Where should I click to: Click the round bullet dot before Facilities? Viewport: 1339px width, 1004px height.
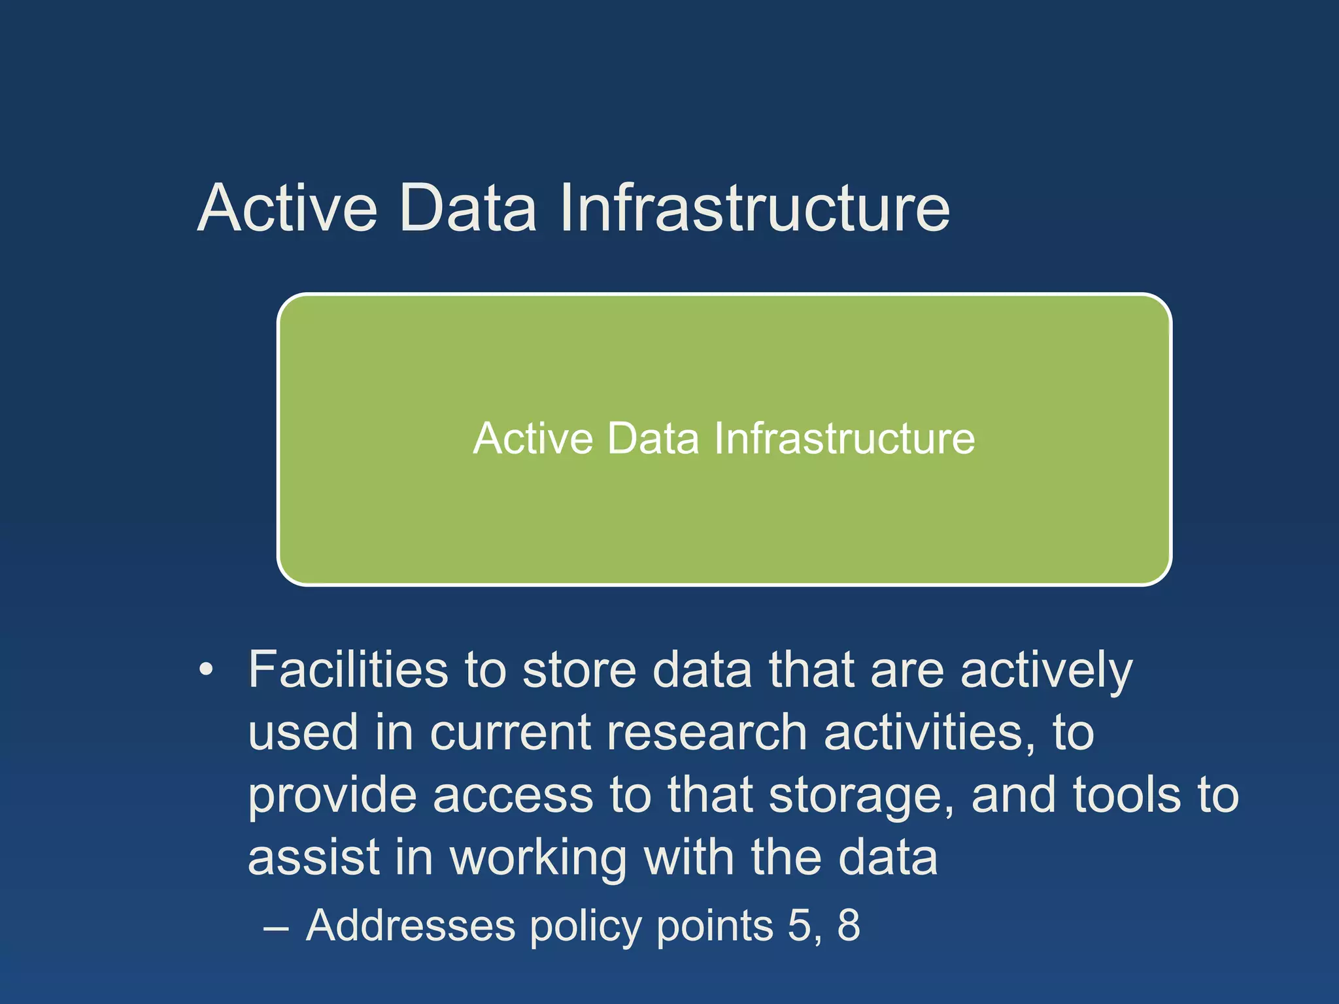pyautogui.click(x=207, y=670)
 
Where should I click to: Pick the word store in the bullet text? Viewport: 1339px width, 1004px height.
pyautogui.click(x=579, y=670)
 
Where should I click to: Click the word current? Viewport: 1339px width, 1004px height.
pyautogui.click(x=511, y=733)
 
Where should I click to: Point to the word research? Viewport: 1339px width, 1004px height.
pyautogui.click(x=707, y=733)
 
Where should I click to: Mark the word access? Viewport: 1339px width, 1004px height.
pyautogui.click(x=513, y=797)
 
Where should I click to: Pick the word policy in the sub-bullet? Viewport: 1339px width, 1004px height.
pyautogui.click(x=586, y=928)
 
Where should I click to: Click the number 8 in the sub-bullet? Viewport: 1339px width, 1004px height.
pyautogui.click(x=849, y=926)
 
